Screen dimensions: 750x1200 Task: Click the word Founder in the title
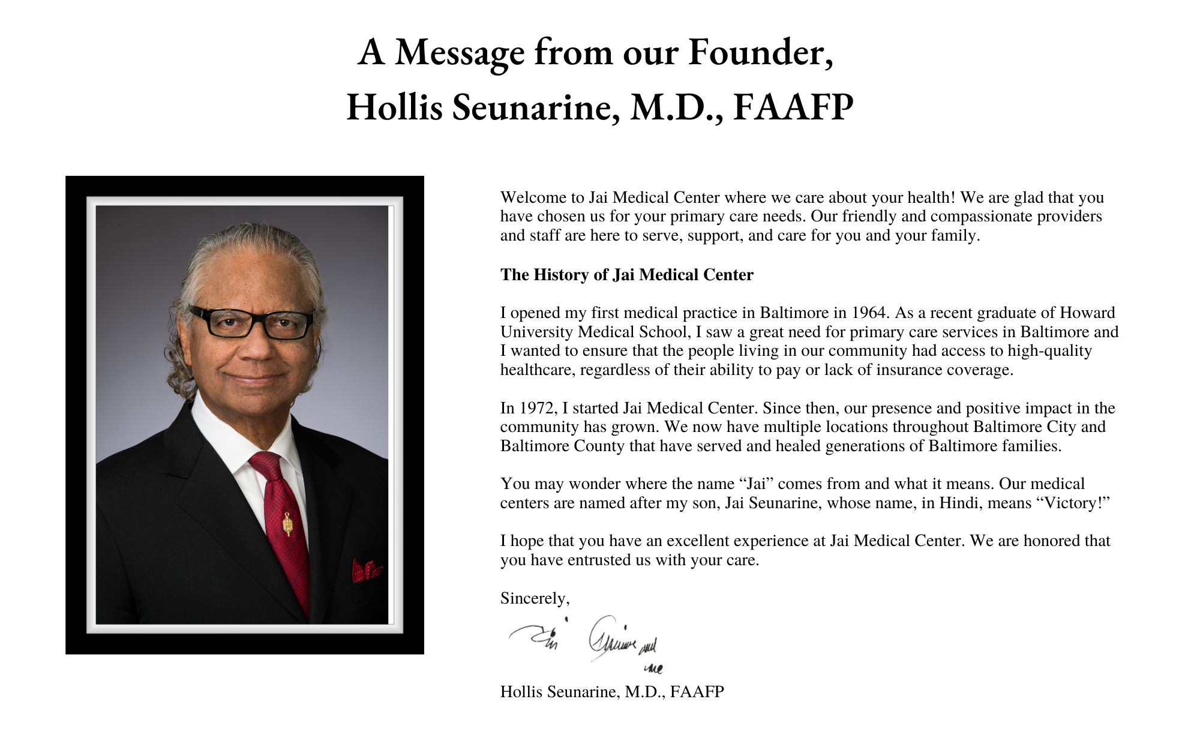point(760,52)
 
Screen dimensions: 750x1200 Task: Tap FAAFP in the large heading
point(793,107)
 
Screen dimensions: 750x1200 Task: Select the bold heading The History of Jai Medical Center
point(626,275)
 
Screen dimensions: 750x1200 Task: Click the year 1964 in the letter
point(868,313)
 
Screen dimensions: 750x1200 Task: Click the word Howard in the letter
point(1087,313)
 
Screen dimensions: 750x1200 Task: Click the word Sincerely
point(534,598)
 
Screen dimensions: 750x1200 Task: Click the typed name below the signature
point(612,692)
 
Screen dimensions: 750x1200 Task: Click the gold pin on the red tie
point(287,525)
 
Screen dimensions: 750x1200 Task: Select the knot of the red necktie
point(265,463)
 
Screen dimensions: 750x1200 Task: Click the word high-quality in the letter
point(1049,351)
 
